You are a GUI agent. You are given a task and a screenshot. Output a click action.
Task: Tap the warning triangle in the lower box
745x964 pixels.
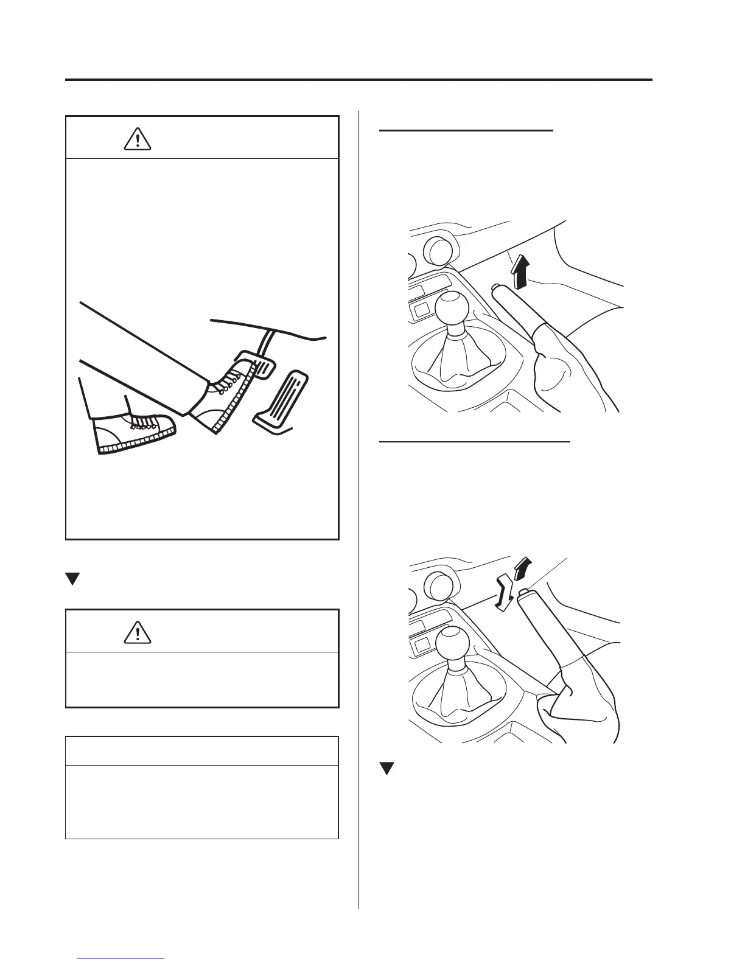tap(138, 632)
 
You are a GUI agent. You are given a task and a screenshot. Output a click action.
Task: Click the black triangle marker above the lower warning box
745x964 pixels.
tap(72, 578)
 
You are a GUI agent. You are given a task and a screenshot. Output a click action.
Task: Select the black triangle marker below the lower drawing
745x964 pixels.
tap(385, 769)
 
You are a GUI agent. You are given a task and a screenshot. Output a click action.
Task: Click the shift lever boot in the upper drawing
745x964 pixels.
tap(450, 362)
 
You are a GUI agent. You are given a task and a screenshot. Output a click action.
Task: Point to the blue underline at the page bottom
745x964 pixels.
tap(121, 959)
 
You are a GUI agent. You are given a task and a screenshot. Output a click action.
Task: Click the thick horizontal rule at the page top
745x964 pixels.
tap(359, 80)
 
